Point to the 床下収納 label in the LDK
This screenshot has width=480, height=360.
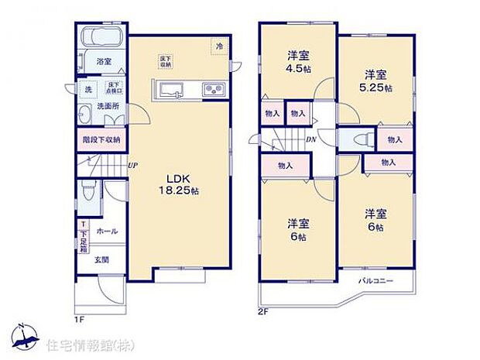point(166,62)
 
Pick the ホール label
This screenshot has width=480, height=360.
point(108,231)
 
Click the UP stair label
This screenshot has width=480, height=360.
point(133,165)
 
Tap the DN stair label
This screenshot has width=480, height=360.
point(310,140)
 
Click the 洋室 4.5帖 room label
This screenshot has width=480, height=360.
point(298,60)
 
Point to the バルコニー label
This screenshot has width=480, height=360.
point(376,279)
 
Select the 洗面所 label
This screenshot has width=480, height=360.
point(108,106)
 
